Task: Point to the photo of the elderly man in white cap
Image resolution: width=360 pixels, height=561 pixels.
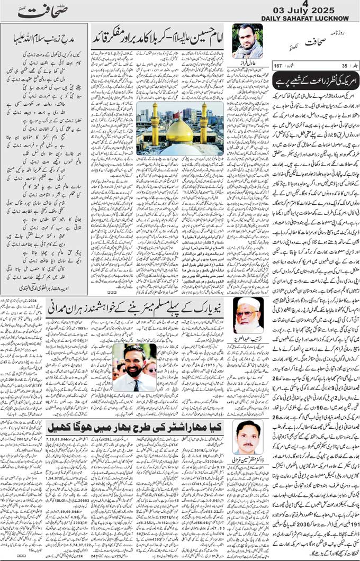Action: point(247,314)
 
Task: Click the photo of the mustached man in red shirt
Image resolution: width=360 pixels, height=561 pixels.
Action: point(248,437)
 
